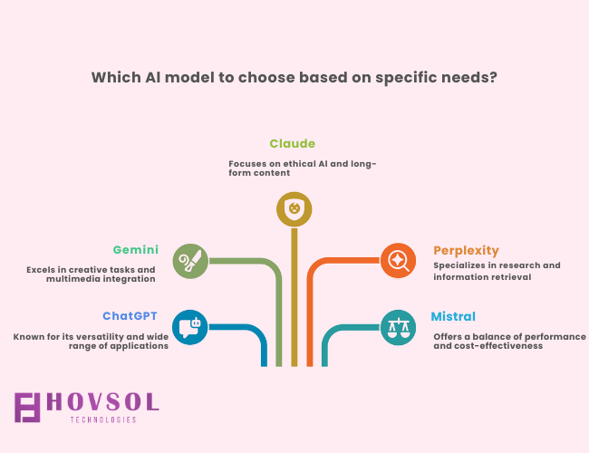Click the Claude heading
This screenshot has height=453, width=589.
tap(293, 143)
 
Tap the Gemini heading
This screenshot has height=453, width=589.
tap(136, 250)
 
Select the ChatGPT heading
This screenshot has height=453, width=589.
tap(130, 316)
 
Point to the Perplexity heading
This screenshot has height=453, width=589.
tap(466, 251)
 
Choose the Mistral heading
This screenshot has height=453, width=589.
tap(453, 317)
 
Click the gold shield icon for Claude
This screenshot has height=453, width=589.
tap(294, 209)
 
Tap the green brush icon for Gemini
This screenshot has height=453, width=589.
tap(190, 261)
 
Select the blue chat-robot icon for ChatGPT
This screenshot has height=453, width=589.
tap(190, 327)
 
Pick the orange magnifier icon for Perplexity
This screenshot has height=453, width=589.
tap(398, 260)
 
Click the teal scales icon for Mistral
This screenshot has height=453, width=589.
tap(398, 327)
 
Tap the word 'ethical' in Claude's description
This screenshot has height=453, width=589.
tap(300, 164)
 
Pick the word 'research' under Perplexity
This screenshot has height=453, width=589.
tap(514, 265)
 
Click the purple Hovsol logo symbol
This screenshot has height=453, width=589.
tap(27, 408)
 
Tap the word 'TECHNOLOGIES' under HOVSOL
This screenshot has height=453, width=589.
tap(103, 420)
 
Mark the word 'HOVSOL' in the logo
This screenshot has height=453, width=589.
tap(103, 402)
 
